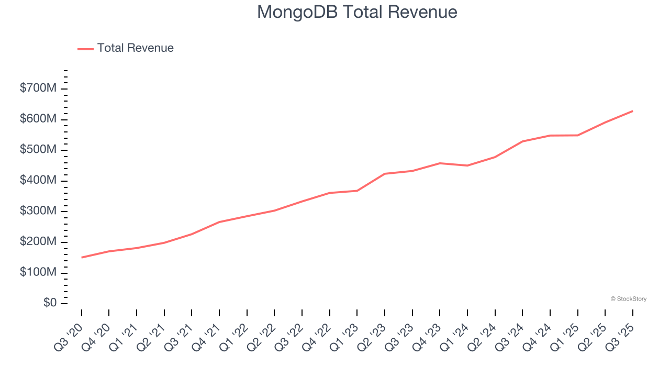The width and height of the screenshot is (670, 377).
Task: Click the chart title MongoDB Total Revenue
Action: click(x=357, y=12)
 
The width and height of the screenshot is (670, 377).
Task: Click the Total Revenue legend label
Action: click(x=135, y=48)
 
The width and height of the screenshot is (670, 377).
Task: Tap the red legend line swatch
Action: click(x=85, y=49)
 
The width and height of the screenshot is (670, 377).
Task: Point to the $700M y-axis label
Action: click(x=38, y=88)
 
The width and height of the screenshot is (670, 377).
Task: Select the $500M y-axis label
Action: click(x=38, y=150)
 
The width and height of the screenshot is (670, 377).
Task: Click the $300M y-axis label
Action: click(x=38, y=211)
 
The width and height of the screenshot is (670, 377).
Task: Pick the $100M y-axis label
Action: click(x=38, y=272)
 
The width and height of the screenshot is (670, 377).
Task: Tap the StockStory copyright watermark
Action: click(x=628, y=299)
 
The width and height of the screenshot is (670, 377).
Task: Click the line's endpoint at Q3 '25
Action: click(x=632, y=111)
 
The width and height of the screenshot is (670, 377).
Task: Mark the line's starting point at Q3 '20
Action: click(x=82, y=258)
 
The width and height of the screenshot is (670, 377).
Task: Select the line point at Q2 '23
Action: click(x=385, y=174)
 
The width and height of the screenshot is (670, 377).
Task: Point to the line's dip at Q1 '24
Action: click(x=467, y=165)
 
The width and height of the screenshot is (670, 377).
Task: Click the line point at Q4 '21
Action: click(x=219, y=222)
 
